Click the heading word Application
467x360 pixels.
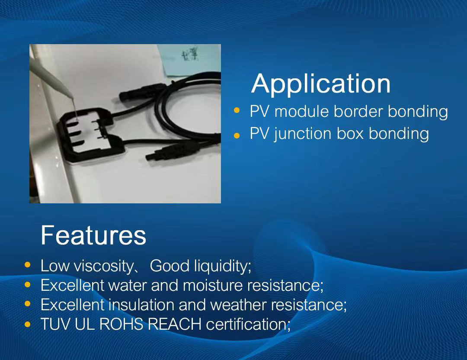pos(321,84)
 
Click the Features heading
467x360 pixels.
pos(93,235)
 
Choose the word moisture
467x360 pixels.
pos(213,285)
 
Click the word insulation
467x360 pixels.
pos(141,305)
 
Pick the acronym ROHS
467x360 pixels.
pos(121,324)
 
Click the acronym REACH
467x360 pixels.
pos(175,324)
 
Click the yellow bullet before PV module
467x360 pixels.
pos(237,110)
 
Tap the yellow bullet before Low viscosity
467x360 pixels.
pos(28,265)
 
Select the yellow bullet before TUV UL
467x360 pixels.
pos(28,324)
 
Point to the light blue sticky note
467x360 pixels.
pos(189,60)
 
